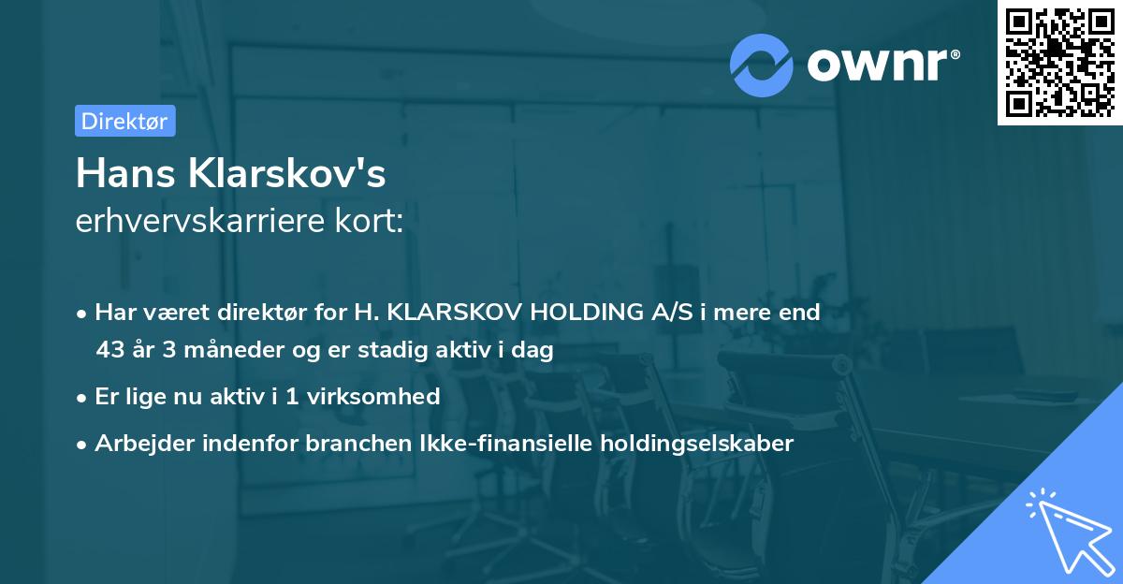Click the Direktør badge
124,121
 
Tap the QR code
1059,62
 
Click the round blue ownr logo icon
762,64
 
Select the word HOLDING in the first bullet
587,313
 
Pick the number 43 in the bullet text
109,351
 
